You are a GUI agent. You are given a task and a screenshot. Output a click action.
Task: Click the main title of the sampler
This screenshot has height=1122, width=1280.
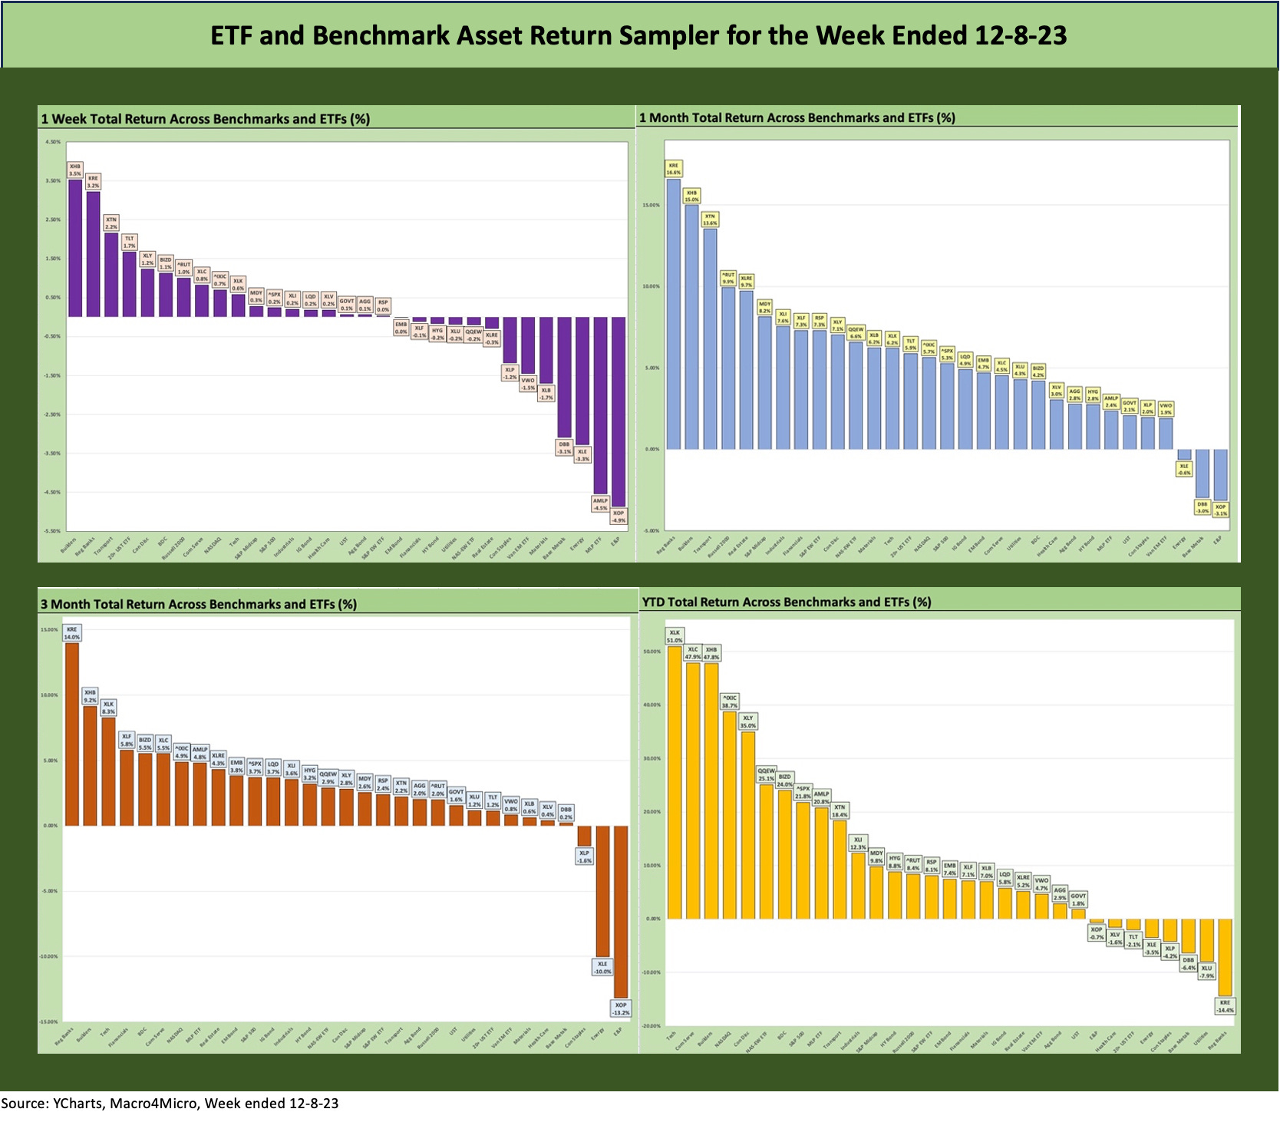tap(638, 35)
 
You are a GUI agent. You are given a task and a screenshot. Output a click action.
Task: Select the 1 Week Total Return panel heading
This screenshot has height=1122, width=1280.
tap(206, 119)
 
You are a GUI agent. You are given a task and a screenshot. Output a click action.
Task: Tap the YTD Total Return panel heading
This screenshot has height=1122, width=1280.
tap(787, 602)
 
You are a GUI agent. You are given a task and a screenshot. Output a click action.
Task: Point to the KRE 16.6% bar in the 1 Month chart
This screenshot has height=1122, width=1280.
tap(673, 314)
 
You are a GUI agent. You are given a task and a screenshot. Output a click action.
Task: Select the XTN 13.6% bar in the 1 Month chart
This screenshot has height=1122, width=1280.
tap(710, 338)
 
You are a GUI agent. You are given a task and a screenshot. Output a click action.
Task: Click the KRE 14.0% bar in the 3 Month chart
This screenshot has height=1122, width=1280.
tap(71, 734)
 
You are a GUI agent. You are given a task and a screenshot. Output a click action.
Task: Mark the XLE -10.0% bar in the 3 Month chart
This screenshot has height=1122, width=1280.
tap(602, 890)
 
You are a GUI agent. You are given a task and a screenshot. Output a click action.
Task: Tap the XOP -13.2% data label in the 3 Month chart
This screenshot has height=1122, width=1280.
tap(621, 1008)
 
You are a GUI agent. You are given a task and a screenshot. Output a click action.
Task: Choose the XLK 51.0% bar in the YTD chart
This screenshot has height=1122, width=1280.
tap(675, 782)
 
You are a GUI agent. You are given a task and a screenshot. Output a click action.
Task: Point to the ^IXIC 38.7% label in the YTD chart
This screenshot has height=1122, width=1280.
tap(729, 701)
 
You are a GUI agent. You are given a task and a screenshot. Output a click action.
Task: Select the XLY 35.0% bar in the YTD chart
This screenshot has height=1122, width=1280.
tap(747, 825)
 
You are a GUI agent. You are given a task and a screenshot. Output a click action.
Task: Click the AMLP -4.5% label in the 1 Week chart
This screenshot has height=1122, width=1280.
tap(600, 504)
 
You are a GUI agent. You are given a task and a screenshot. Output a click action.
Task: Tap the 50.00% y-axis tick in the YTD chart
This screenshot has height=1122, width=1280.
tap(652, 652)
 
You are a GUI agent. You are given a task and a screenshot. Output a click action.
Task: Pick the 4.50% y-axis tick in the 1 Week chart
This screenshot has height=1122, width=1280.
tap(53, 142)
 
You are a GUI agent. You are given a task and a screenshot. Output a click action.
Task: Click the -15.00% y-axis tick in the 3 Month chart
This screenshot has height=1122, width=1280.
tap(49, 1021)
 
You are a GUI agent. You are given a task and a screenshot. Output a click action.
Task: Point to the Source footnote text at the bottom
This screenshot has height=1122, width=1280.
tap(170, 1104)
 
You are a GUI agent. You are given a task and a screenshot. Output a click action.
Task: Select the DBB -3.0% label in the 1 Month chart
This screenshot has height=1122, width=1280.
tap(1202, 507)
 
